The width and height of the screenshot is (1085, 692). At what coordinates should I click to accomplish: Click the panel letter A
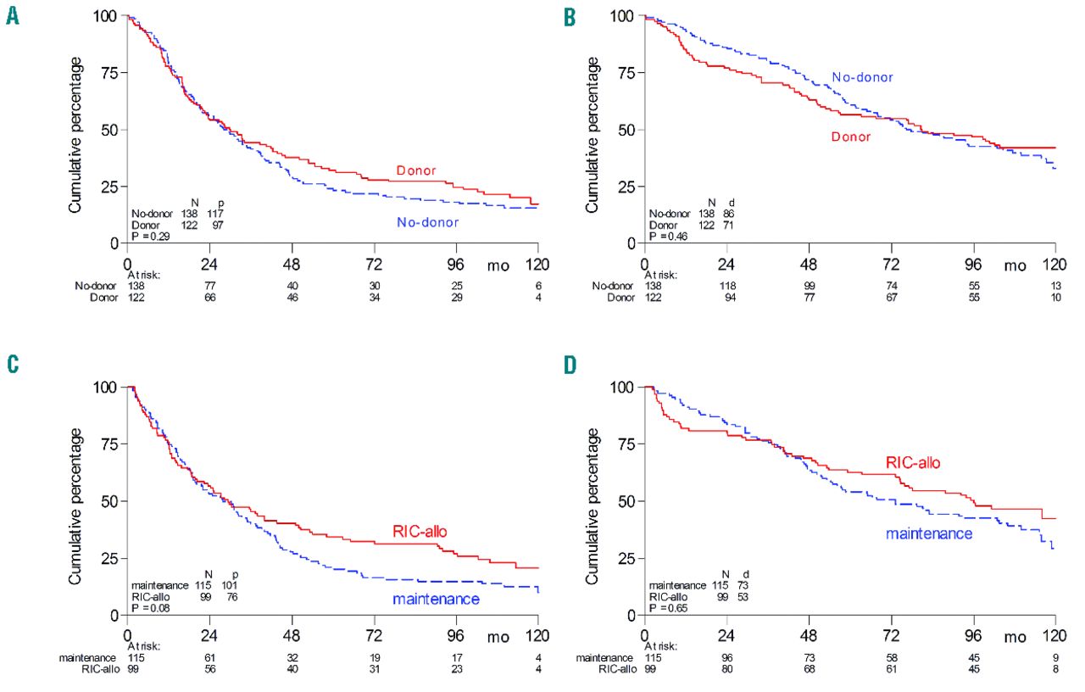pyautogui.click(x=12, y=16)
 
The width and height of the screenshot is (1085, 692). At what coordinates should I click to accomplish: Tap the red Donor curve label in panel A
pyautogui.click(x=415, y=171)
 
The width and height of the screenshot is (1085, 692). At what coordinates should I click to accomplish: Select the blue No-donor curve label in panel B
pyautogui.click(x=862, y=77)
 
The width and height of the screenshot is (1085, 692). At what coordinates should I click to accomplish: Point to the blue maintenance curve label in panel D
pyautogui.click(x=928, y=533)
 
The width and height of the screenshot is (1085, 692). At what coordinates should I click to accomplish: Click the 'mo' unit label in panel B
pyautogui.click(x=1015, y=265)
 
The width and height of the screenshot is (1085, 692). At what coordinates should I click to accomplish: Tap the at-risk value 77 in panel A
pyautogui.click(x=209, y=287)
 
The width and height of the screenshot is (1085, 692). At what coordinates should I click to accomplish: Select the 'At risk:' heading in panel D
pyautogui.click(x=666, y=645)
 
